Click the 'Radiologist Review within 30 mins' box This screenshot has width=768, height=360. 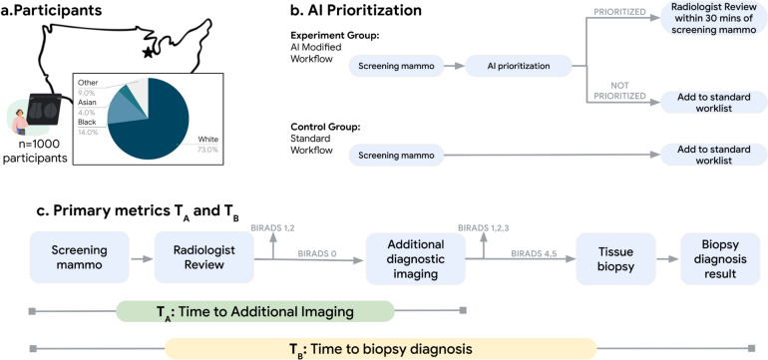tap(711, 21)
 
